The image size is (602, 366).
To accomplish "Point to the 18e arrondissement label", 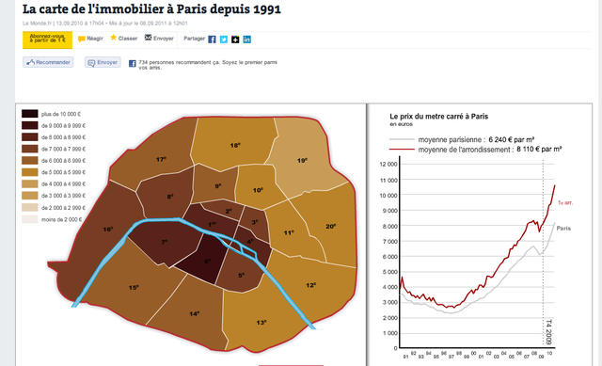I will pyautogui.click(x=236, y=146).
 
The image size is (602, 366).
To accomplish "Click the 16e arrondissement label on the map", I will pyautogui.click(x=108, y=230).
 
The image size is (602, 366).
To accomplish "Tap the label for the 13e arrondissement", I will pyautogui.click(x=261, y=323).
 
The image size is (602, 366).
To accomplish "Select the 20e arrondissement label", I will pyautogui.click(x=330, y=226).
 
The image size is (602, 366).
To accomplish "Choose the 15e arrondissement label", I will pyautogui.click(x=135, y=287).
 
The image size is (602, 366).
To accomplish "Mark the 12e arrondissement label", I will pyautogui.click(x=311, y=284).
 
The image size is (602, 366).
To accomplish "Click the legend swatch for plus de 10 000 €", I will pyautogui.click(x=30, y=113).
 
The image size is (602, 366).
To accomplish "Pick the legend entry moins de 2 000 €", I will pyautogui.click(x=30, y=218).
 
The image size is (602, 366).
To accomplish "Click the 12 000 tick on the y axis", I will pyautogui.click(x=388, y=163).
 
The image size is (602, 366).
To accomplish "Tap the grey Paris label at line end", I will pyautogui.click(x=563, y=229).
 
